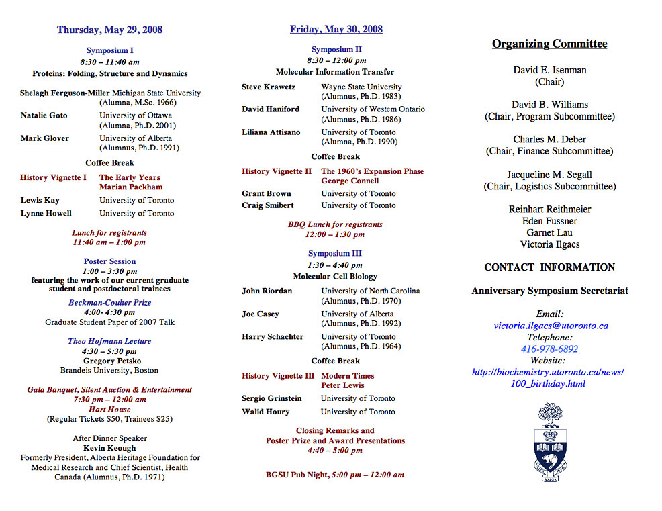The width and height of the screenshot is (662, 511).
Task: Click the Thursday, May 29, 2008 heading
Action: pyautogui.click(x=109, y=30)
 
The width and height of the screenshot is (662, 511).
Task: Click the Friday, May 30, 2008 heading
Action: pyautogui.click(x=336, y=29)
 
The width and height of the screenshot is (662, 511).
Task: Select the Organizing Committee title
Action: pyautogui.click(x=549, y=44)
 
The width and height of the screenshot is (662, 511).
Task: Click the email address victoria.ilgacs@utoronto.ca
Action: pyautogui.click(x=551, y=326)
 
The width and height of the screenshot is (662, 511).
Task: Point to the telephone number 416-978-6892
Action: pyautogui.click(x=549, y=349)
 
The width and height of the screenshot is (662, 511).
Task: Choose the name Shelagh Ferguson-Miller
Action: pyautogui.click(x=65, y=93)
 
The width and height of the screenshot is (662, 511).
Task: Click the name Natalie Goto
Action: pyautogui.click(x=44, y=115)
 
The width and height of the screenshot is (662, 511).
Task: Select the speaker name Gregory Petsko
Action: pyautogui.click(x=112, y=361)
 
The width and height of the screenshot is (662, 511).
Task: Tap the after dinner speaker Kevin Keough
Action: pyautogui.click(x=109, y=448)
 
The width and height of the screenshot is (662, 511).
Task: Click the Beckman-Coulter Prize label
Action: pyautogui.click(x=109, y=303)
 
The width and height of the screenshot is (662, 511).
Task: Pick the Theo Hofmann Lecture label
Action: pyautogui.click(x=109, y=341)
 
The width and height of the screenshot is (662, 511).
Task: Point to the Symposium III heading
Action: pyautogui.click(x=335, y=254)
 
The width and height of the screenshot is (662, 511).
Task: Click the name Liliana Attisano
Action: pyautogui.click(x=271, y=132)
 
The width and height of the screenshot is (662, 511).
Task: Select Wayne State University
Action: pyautogui.click(x=361, y=87)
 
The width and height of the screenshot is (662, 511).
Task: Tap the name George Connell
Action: pyautogui.click(x=350, y=181)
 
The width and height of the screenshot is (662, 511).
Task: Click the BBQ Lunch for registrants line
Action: pyautogui.click(x=335, y=224)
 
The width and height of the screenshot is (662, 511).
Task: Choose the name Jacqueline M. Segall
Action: pyautogui.click(x=549, y=175)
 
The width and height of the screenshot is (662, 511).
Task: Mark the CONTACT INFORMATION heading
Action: pyautogui.click(x=549, y=267)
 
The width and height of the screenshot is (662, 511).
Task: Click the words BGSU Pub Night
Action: pyautogui.click(x=297, y=475)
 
